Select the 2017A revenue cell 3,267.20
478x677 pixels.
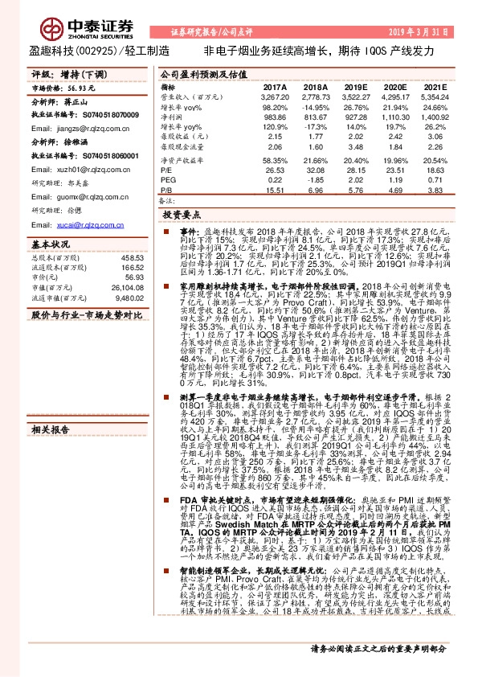tap(274, 96)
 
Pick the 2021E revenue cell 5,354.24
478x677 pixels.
tap(434, 96)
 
